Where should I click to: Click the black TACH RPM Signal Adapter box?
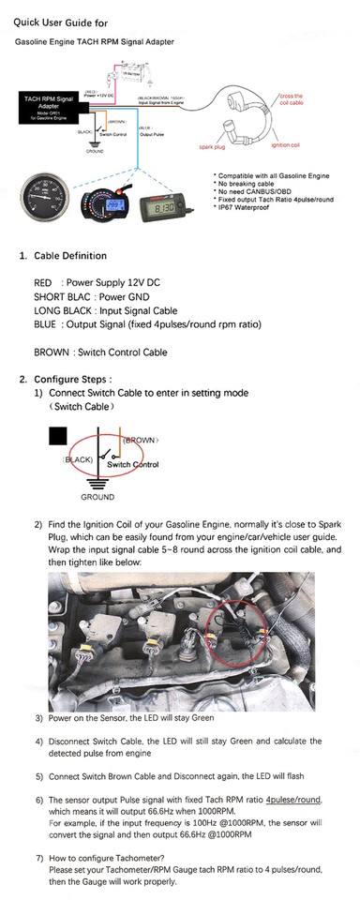coord(52,107)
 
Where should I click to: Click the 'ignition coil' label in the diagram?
coord(285,145)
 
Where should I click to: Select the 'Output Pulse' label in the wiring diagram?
coord(152,134)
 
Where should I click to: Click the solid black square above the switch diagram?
coord(58,436)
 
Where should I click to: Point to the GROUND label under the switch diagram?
coord(97,497)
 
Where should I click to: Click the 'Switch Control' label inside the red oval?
coord(132,465)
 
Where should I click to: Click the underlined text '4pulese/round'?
coord(293,800)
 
